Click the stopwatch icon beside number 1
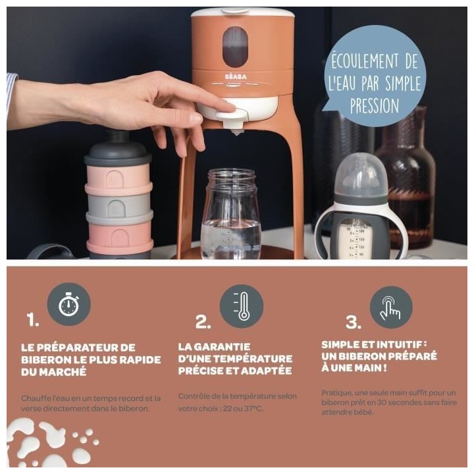pos(69,304)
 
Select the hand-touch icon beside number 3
pos(390,307)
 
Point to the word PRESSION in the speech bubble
pos(375,106)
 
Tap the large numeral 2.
pos(203,322)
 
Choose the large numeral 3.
pos(354,322)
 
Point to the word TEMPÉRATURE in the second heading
pos(253,359)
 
